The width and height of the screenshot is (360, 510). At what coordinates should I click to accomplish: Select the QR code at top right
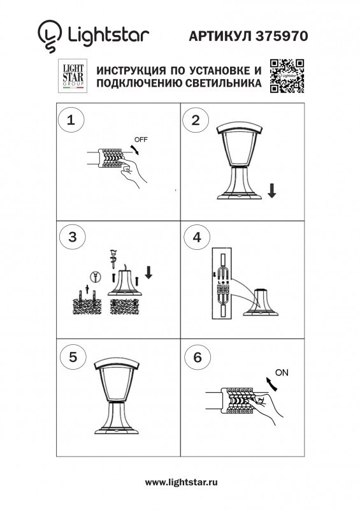[287, 75]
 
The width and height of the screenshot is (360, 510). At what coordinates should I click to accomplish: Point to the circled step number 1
[71, 119]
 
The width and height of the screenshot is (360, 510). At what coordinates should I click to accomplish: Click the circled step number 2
[196, 119]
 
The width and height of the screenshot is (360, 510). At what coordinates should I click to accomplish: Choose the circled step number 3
[71, 237]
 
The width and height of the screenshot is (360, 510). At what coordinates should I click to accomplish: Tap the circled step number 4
[196, 237]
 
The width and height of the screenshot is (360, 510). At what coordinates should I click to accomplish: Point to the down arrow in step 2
[272, 190]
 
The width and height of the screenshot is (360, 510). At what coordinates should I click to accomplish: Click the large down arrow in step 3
[149, 272]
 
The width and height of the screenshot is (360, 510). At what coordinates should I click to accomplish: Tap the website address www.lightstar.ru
[181, 483]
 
